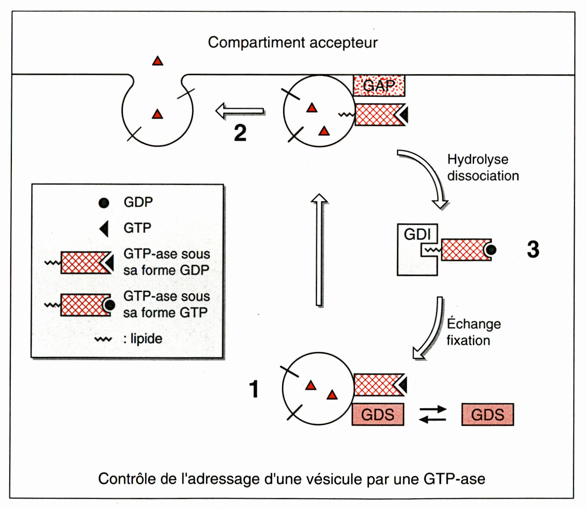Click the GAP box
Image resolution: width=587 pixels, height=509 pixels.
tap(379, 86)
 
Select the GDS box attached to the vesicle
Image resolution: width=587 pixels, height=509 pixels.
tap(378, 414)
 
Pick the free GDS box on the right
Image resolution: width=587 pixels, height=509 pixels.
tap(488, 414)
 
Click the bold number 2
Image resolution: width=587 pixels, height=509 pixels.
tap(240, 133)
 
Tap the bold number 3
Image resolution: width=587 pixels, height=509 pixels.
tap(533, 249)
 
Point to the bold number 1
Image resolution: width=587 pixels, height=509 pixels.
tap(254, 389)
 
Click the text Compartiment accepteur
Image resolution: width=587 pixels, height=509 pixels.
tap(293, 42)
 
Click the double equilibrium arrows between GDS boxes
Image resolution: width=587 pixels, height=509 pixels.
tap(433, 414)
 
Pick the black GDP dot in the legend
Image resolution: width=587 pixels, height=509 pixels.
tap(104, 203)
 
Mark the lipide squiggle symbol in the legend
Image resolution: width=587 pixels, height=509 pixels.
tap(103, 340)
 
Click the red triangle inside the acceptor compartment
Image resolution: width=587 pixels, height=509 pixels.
tap(157, 61)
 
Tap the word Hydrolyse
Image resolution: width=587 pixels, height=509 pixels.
tap(478, 159)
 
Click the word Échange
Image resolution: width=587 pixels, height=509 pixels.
tap(474, 324)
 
